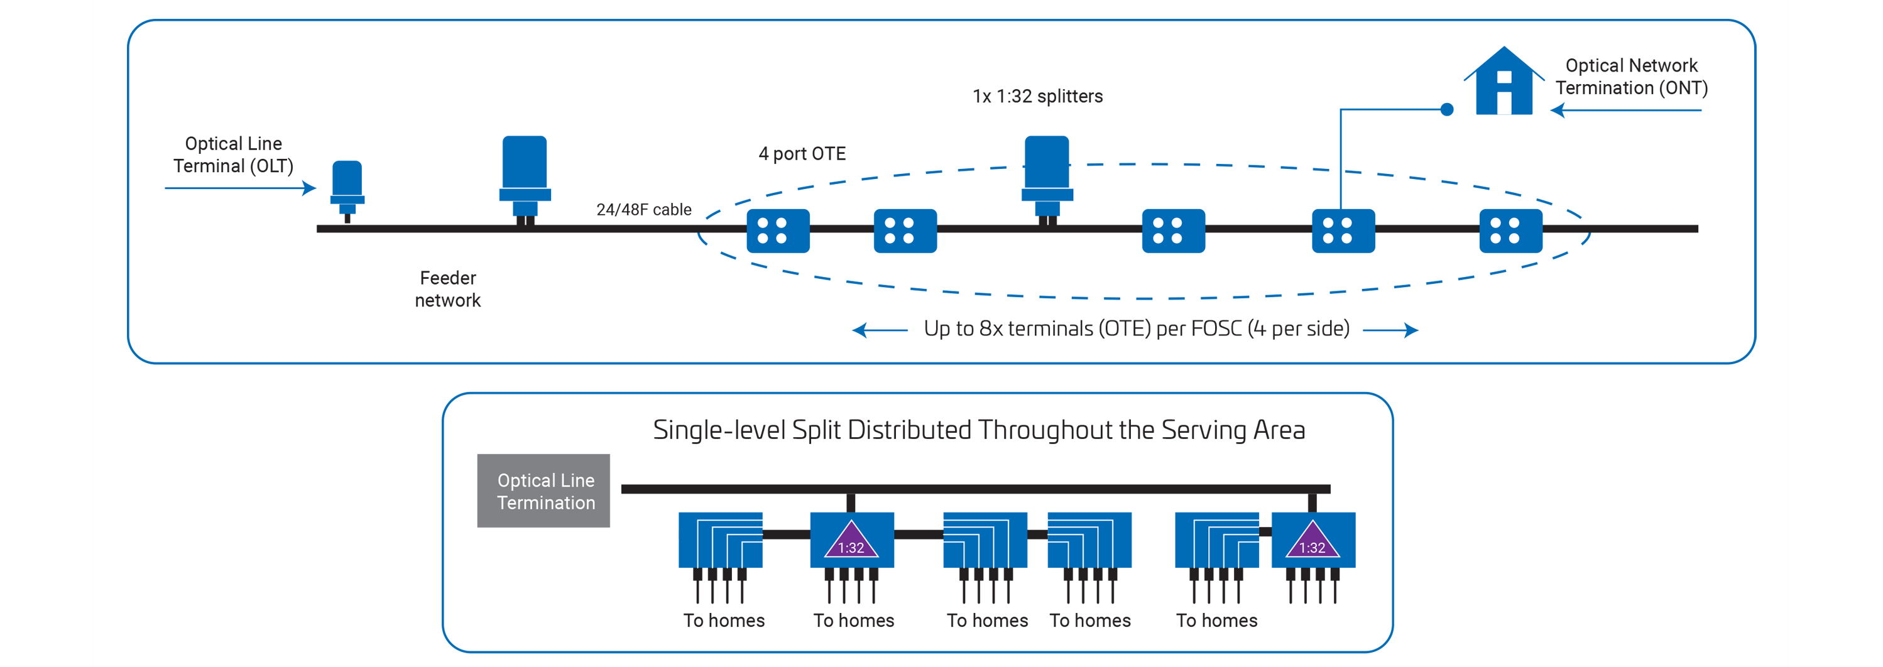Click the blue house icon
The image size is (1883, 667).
pos(1504,84)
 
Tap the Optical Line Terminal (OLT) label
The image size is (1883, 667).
pos(233,155)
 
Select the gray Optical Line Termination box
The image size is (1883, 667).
pos(543,491)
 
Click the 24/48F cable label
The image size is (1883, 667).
pos(643,210)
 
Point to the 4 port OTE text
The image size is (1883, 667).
pos(802,153)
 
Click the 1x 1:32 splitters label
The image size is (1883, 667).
pos(1037,97)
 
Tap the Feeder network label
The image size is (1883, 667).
pos(447,290)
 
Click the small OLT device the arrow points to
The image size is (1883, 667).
pos(347,188)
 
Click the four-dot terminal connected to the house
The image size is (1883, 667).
pos(1343,231)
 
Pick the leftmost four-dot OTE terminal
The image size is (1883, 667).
pos(778,231)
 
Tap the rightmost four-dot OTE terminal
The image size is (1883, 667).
pos(1510,231)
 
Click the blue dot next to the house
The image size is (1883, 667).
pos(1446,109)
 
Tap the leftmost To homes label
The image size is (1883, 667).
pos(724,621)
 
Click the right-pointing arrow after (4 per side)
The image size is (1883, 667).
pos(1391,330)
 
